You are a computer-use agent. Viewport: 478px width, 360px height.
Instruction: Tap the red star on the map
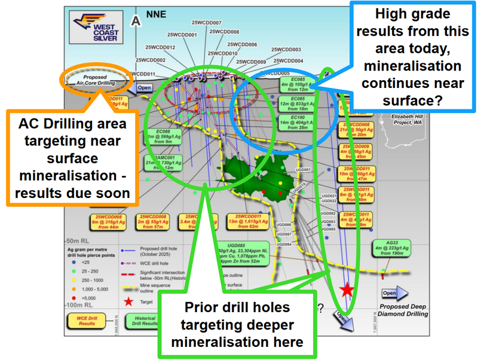point(347,290)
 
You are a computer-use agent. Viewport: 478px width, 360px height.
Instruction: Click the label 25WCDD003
point(286,50)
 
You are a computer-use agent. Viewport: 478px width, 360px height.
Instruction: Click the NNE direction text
point(158,14)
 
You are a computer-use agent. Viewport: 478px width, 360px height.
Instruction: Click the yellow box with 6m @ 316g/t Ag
point(109,221)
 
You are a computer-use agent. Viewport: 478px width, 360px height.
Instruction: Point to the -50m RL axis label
point(79,238)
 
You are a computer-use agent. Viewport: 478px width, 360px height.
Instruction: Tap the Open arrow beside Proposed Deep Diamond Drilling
point(396,293)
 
